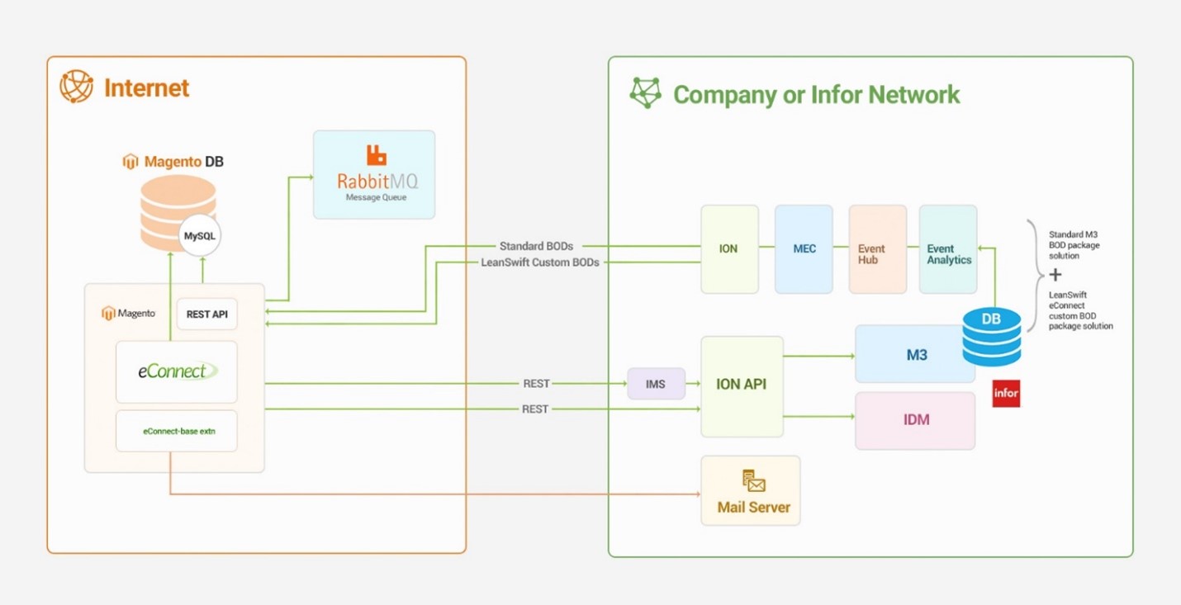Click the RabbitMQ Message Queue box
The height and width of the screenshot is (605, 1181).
click(374, 174)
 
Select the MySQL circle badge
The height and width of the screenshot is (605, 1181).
click(199, 236)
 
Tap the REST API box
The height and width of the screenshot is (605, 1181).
click(206, 314)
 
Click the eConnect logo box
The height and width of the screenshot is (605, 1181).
click(176, 371)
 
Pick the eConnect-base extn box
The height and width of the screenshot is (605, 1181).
click(176, 431)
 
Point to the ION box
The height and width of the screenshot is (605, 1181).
click(729, 249)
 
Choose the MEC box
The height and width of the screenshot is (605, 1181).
click(804, 249)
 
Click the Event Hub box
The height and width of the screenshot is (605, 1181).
click(877, 249)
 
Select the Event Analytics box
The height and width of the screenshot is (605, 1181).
click(948, 249)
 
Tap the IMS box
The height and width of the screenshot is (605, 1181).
click(656, 384)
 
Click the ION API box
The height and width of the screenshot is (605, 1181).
click(742, 385)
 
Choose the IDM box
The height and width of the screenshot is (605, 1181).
click(915, 420)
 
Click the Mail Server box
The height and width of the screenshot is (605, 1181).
click(751, 490)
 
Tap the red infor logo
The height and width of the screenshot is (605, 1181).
click(1006, 394)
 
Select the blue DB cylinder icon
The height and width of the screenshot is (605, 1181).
click(991, 336)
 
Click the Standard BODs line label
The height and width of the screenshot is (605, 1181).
click(536, 246)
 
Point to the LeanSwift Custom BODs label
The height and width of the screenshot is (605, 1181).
click(540, 262)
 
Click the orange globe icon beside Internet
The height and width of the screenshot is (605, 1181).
click(77, 87)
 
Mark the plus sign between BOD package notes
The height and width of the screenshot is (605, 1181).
click(1055, 275)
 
